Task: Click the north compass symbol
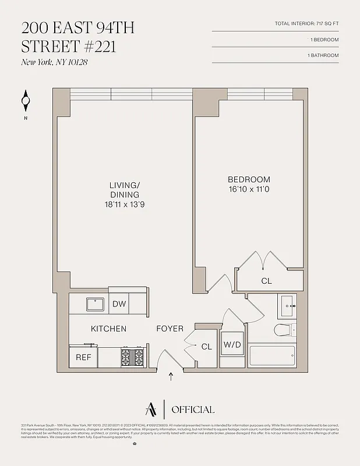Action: coord(25,101)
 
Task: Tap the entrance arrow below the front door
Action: coord(171,376)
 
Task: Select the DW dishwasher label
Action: coord(119,303)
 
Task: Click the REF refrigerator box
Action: coord(83,357)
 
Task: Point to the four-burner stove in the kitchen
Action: coord(132,356)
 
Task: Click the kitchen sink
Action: coord(95,303)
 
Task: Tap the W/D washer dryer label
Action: coord(232,345)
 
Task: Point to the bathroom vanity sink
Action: coord(287,304)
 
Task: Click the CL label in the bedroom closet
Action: coord(266,281)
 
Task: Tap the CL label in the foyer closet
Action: coord(206,346)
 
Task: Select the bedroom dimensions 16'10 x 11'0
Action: coord(249,189)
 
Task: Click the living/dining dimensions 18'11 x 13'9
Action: coord(124,204)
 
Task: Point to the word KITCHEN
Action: coord(108,329)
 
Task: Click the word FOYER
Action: coord(170,329)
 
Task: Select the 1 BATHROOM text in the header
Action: coord(323,55)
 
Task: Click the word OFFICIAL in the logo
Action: coord(193,409)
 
